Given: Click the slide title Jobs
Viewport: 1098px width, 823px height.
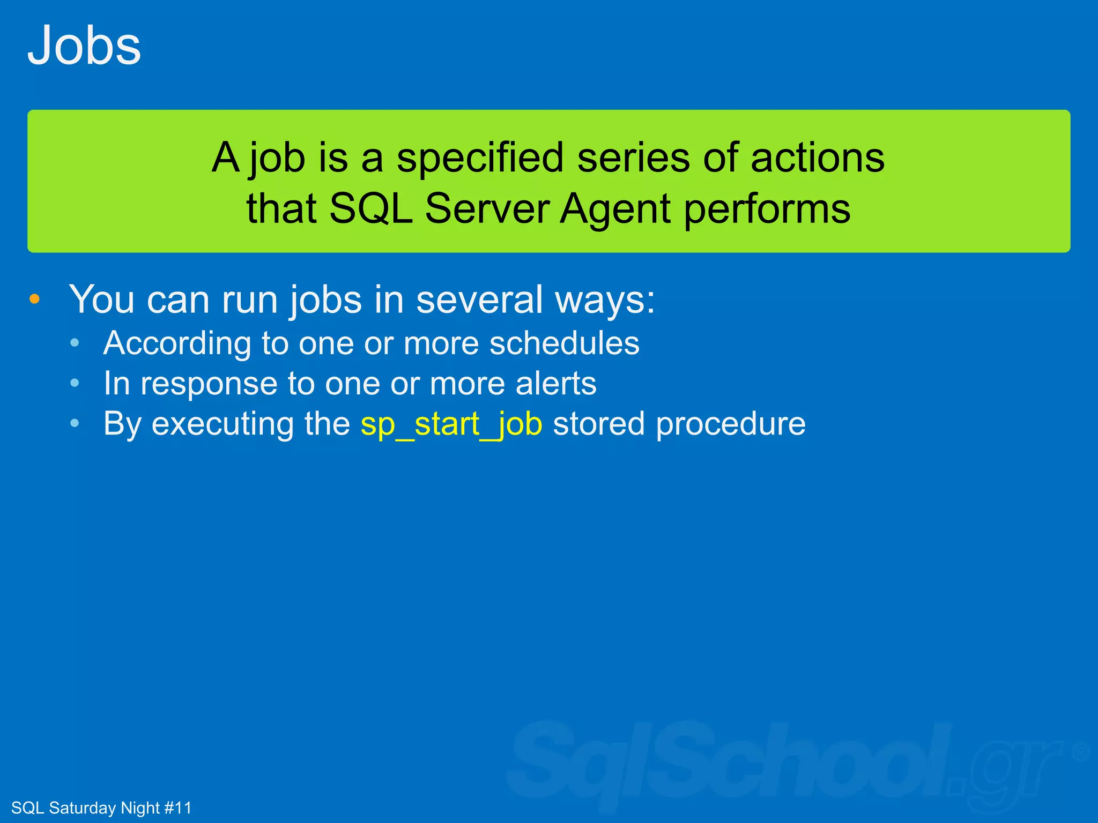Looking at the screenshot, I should point(84,46).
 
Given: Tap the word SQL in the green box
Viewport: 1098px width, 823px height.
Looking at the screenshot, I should point(370,208).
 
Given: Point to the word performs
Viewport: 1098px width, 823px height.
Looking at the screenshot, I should point(767,210).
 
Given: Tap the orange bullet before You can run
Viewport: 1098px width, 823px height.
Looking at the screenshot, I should point(35,299).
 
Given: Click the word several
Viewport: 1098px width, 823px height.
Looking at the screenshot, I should point(479,300).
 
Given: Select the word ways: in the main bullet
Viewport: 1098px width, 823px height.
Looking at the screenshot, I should point(605,301).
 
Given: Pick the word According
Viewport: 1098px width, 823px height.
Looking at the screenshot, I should point(177,344).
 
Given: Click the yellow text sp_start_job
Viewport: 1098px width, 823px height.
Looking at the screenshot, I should point(451,425).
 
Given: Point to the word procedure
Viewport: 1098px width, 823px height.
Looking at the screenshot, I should point(730,424).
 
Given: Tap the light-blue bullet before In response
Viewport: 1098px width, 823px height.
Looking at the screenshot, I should point(75,383).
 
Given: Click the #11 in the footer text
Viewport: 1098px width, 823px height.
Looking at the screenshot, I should point(177,807).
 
